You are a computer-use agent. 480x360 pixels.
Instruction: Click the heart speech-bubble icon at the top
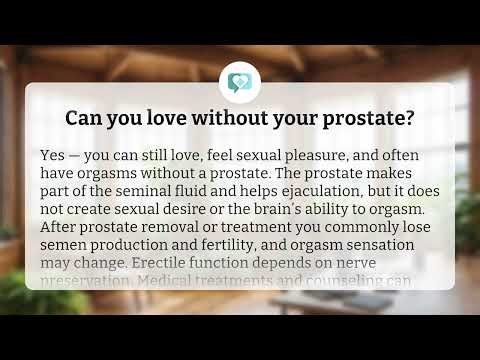pos(239,82)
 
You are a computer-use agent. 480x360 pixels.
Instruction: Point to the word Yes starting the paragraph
pos(54,157)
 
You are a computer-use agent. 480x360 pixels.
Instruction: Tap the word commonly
pos(340,230)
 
